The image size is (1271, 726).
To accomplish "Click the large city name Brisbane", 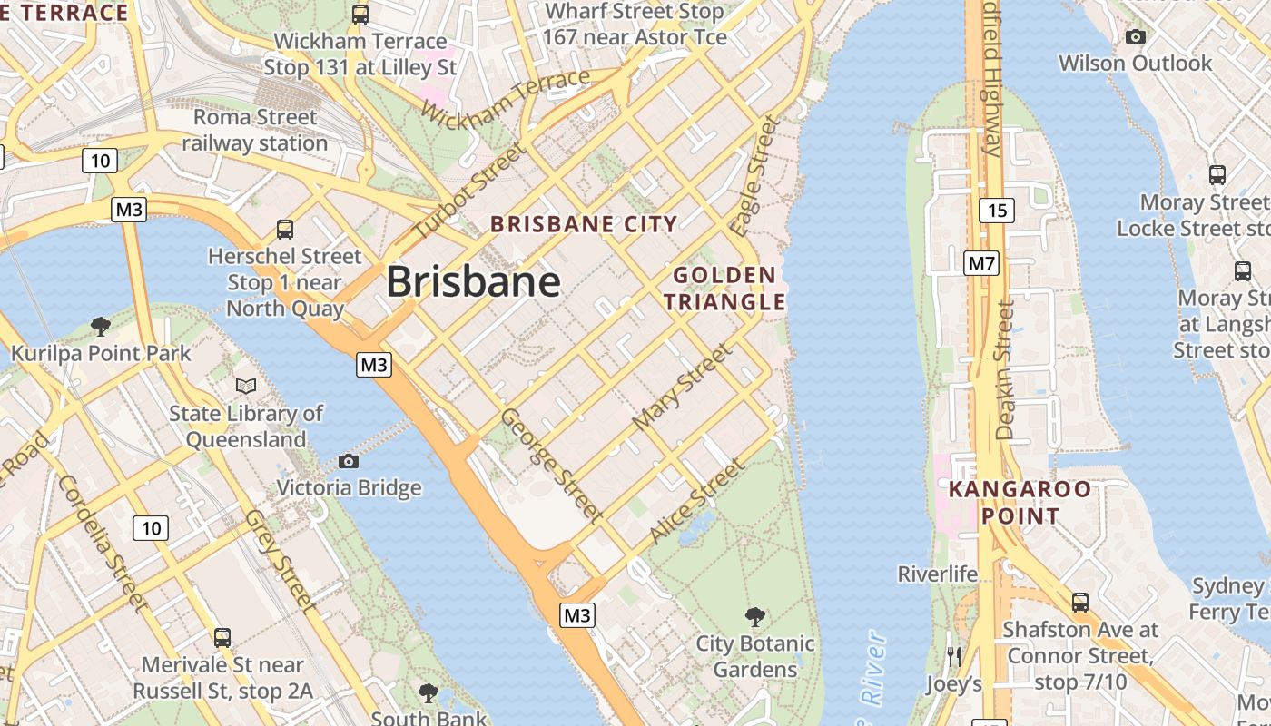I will tap(473, 281).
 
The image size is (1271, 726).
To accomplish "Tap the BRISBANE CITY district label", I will tap(584, 224).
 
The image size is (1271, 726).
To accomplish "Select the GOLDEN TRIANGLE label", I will tap(724, 289).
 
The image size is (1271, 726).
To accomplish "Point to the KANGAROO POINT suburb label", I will tap(1020, 503).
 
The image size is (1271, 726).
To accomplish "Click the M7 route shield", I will tap(981, 264).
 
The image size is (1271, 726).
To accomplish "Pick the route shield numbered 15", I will tap(996, 211).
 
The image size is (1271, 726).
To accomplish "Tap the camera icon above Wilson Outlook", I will tap(1135, 37).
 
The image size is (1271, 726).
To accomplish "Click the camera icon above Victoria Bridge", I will tap(348, 461).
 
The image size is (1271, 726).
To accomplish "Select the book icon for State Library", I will tap(245, 387).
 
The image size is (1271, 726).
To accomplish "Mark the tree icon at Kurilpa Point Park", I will tap(101, 326).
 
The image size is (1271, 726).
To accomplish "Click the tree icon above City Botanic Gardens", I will tap(754, 617).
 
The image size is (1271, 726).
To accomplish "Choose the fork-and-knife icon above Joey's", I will tap(953, 657).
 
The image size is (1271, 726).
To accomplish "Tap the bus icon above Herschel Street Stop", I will tap(285, 229).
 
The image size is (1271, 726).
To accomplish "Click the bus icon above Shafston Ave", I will tap(1080, 602).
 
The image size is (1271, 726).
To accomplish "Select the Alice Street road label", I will tap(697, 502).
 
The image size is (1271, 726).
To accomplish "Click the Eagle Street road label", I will tap(754, 175).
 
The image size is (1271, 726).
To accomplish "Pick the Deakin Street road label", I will tap(1003, 370).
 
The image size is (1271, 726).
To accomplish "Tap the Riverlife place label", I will tap(938, 574).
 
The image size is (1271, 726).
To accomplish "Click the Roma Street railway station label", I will tap(255, 130).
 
